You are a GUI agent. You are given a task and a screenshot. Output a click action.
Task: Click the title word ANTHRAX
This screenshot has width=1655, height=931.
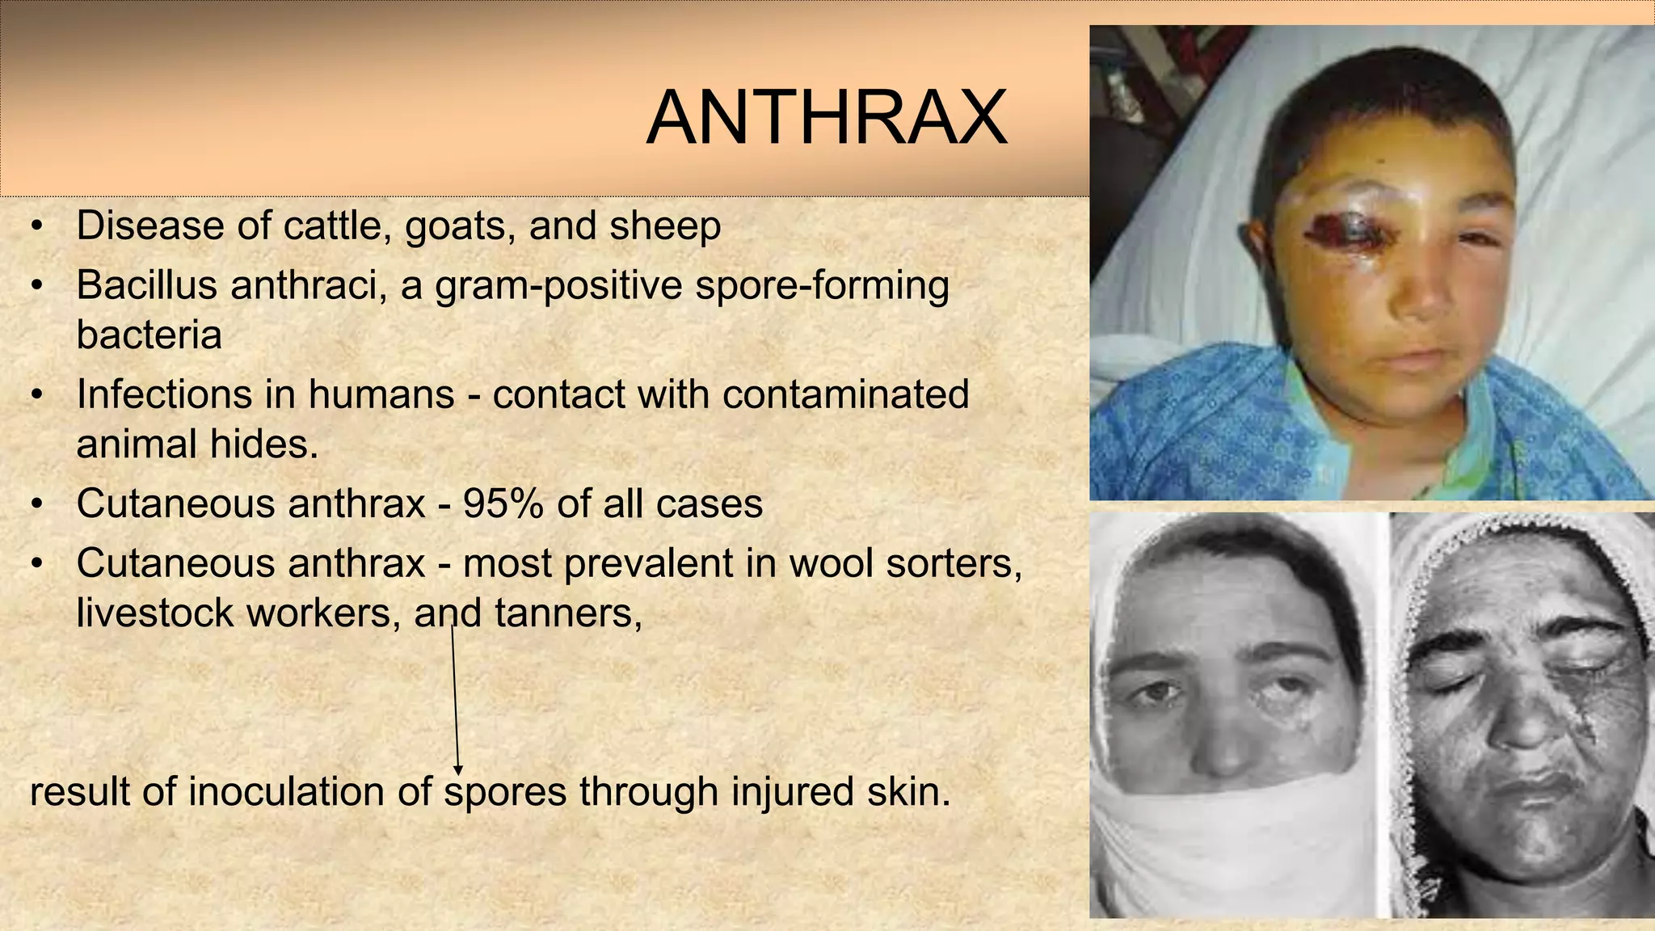(x=827, y=119)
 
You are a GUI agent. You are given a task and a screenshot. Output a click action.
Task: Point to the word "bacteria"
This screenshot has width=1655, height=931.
(x=149, y=335)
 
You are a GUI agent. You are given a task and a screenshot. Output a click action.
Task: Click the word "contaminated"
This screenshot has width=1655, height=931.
(x=845, y=394)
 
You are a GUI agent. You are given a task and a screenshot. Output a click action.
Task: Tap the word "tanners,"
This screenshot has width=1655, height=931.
(x=568, y=613)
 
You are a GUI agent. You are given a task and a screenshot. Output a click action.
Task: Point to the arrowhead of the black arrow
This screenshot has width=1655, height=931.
(x=458, y=769)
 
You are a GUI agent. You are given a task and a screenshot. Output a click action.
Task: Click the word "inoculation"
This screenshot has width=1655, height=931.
(x=287, y=791)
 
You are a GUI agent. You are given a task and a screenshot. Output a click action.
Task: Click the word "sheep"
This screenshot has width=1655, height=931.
(x=665, y=225)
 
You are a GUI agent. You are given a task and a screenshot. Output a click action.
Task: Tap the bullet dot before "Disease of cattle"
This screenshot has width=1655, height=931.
(x=36, y=226)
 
